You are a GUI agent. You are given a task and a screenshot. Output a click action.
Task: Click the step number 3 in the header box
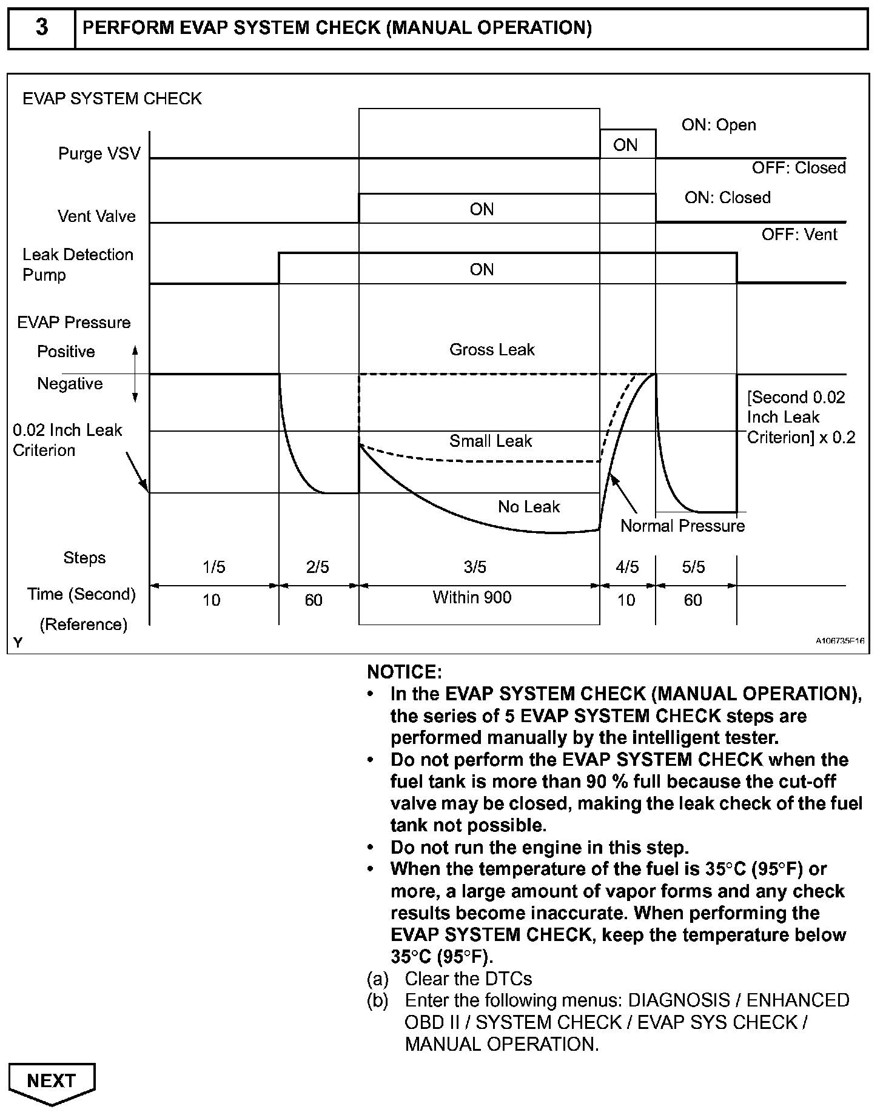click(41, 28)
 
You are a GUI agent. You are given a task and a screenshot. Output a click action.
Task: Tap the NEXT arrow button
click(52, 1082)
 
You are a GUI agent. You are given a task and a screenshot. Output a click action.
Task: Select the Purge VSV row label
click(99, 153)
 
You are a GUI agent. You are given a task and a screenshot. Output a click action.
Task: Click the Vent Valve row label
click(96, 216)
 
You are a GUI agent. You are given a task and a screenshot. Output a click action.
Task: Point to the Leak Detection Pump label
click(78, 264)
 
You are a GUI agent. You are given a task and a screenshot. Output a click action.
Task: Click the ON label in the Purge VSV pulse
click(625, 146)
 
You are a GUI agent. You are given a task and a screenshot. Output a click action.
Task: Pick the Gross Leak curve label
click(492, 350)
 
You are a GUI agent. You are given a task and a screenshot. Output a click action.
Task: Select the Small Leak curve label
click(490, 441)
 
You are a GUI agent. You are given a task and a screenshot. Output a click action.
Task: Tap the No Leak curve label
click(529, 507)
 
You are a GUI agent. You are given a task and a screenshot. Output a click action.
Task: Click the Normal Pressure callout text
click(682, 526)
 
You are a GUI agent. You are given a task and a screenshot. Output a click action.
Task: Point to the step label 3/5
click(475, 567)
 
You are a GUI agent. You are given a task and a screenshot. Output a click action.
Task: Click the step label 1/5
click(213, 567)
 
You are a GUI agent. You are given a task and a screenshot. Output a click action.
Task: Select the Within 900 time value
click(472, 598)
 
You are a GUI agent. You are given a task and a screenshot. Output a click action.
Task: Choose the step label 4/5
click(627, 567)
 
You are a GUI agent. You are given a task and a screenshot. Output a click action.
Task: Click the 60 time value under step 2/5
click(314, 600)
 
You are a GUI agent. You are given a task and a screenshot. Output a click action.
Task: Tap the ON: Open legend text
click(719, 125)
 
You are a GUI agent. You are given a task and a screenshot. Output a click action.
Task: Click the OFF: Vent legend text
click(799, 235)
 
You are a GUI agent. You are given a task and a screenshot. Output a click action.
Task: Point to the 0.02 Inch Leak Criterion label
click(67, 440)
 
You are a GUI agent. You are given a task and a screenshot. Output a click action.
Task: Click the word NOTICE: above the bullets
click(405, 672)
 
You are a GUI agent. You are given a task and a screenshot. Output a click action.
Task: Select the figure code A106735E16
click(840, 640)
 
